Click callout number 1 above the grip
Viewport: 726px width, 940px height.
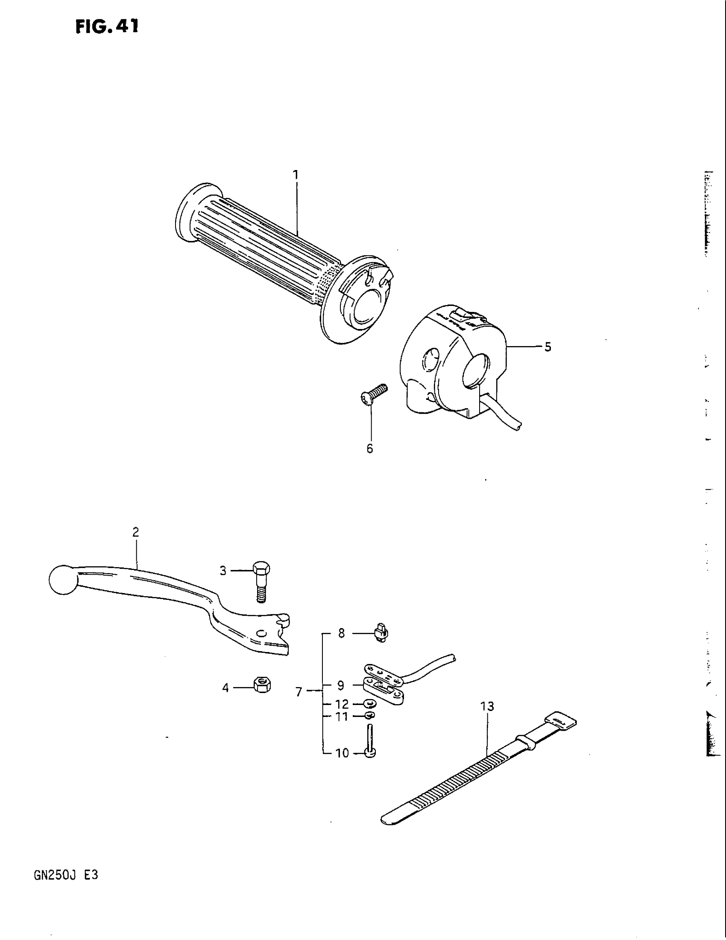[296, 175]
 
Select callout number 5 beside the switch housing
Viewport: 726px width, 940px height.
[547, 347]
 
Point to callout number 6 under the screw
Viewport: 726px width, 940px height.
[370, 449]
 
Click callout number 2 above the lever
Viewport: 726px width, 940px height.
[135, 532]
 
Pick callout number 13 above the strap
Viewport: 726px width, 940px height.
[488, 706]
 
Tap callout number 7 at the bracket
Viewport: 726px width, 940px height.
[299, 692]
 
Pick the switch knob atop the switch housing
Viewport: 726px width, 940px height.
[459, 315]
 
